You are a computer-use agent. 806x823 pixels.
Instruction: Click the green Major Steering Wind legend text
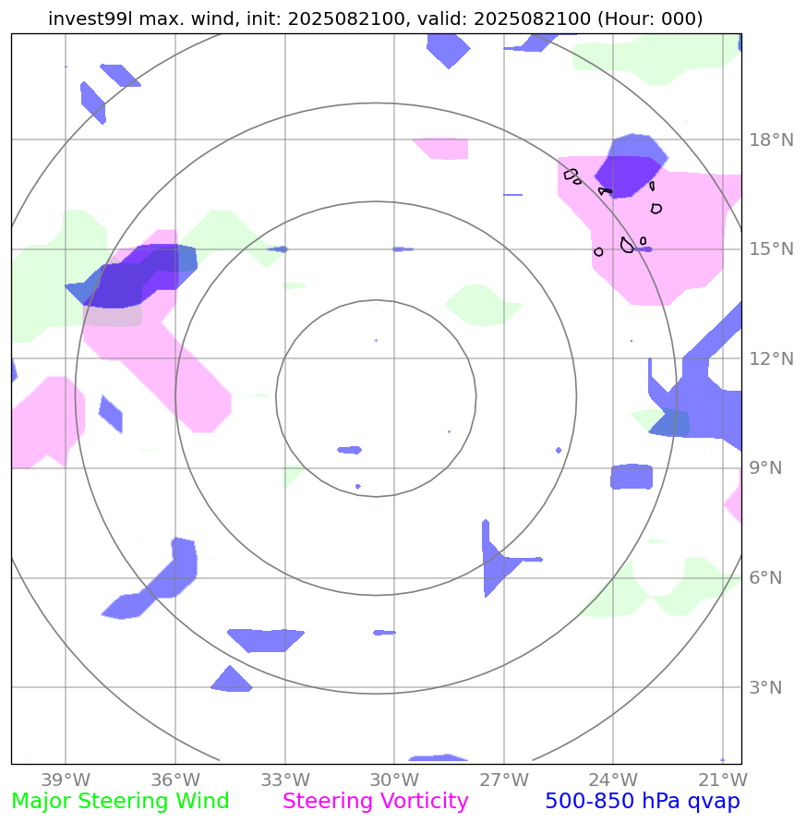120,802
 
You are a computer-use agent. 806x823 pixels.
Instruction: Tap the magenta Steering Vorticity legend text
376,802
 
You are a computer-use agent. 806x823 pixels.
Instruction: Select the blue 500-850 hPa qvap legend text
642,802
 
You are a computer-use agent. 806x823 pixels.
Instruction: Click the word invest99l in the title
87,18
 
